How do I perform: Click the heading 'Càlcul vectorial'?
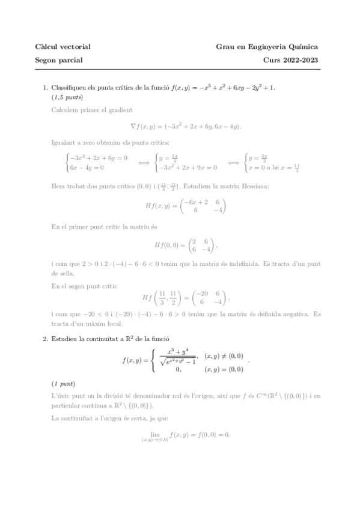(63, 47)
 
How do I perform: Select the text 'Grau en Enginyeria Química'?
(267, 47)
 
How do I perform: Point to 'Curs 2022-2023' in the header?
(290, 60)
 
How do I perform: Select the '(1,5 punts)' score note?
(67, 97)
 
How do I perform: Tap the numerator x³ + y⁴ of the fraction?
(179, 351)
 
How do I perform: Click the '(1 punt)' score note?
(63, 383)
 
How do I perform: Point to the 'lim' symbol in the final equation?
(150, 432)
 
